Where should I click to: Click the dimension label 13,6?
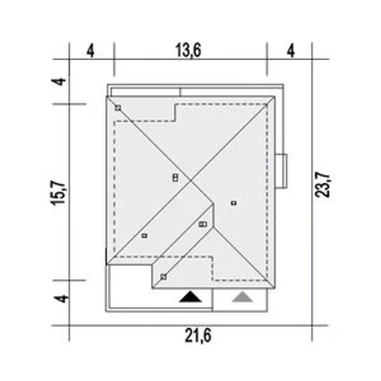click(x=188, y=50)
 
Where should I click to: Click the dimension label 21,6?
click(x=198, y=335)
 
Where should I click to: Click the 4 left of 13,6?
click(x=90, y=51)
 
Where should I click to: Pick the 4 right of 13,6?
click(x=291, y=51)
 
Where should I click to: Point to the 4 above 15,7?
click(x=59, y=82)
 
